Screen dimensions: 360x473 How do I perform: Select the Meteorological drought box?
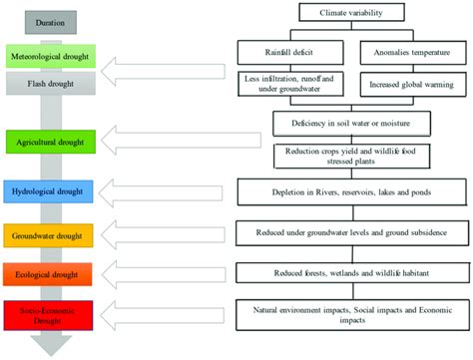click(x=51, y=56)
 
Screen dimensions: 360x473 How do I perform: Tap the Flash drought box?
click(x=51, y=83)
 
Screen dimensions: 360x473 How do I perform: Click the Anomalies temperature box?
click(x=413, y=48)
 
